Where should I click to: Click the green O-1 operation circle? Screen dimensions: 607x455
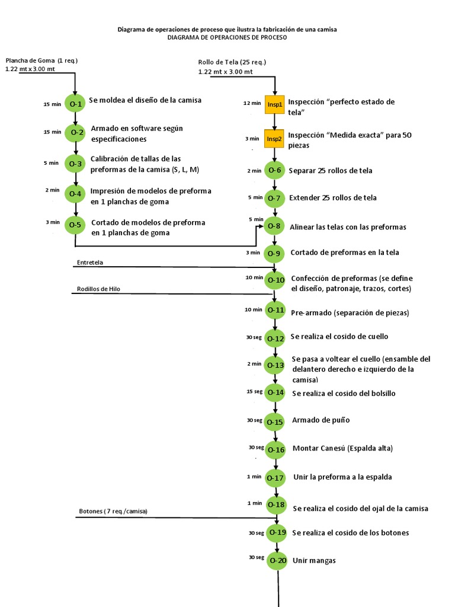(x=75, y=103)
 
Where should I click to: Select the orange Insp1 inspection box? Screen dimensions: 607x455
(x=274, y=104)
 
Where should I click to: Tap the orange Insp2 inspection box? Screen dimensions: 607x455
(x=274, y=139)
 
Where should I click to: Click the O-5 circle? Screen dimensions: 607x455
(x=75, y=225)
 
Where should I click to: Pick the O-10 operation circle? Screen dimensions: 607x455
(x=275, y=280)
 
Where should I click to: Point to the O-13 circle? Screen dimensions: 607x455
(x=275, y=365)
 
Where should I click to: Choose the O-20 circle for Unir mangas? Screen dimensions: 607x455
(x=277, y=560)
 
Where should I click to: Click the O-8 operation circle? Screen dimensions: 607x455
(x=274, y=226)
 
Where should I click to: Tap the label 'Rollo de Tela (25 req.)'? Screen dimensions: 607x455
(x=232, y=62)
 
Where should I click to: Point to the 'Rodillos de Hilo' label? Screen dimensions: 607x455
(x=102, y=289)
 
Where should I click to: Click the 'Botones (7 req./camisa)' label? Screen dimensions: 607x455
(x=113, y=511)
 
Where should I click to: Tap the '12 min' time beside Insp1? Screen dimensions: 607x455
(x=252, y=103)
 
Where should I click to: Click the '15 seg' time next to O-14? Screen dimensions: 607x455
(x=254, y=392)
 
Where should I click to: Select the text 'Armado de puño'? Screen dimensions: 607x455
(x=321, y=420)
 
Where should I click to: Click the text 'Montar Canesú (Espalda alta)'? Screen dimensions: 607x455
(x=342, y=448)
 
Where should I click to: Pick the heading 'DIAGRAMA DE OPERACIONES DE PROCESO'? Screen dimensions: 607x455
(x=227, y=37)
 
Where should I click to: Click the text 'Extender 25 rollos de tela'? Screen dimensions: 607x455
(x=332, y=198)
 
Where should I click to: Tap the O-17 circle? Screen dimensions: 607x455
(x=276, y=478)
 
